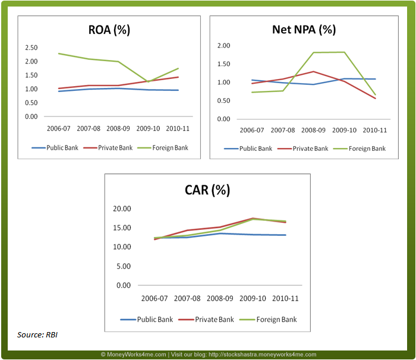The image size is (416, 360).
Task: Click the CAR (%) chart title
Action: (x=207, y=190)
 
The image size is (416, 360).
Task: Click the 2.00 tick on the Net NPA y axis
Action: (x=223, y=46)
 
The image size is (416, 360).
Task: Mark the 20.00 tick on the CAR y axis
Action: (x=122, y=209)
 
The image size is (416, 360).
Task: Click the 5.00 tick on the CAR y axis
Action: (x=124, y=266)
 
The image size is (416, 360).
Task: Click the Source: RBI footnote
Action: (x=37, y=335)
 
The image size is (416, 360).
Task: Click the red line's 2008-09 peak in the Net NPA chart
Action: (x=314, y=72)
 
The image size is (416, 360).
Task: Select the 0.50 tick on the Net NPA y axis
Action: (x=223, y=101)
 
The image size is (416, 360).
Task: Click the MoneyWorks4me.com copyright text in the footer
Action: (x=134, y=354)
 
